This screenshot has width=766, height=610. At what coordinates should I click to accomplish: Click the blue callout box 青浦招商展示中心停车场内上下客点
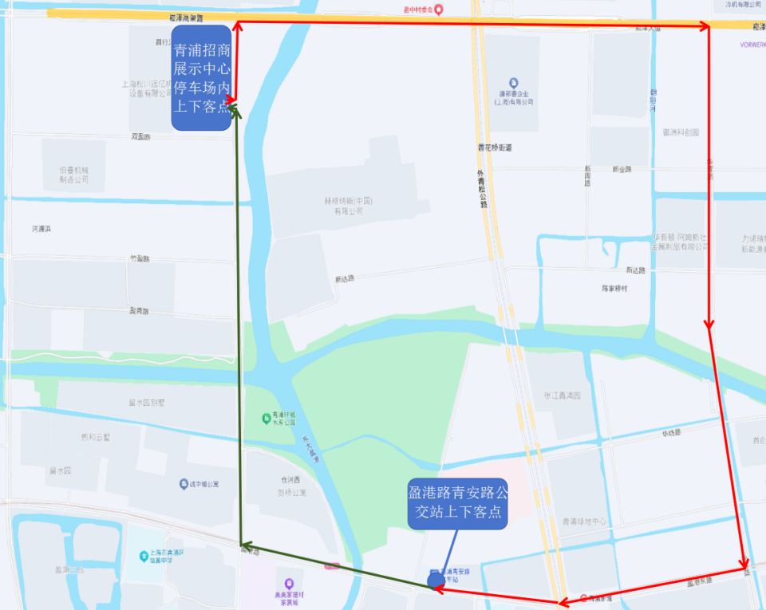click(202, 77)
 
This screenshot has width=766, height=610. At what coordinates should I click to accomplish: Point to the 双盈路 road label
click(140, 137)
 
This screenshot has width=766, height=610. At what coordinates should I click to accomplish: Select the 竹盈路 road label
click(140, 259)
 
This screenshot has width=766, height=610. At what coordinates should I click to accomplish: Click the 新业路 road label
click(622, 169)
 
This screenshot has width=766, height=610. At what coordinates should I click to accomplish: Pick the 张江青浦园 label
click(563, 396)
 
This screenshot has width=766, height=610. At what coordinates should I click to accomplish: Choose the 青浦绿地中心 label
click(585, 521)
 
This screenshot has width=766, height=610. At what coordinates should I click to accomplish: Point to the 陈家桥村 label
click(614, 288)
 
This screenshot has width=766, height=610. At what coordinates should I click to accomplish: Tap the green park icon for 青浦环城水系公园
click(266, 418)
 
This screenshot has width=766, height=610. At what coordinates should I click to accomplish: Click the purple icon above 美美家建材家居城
click(289, 583)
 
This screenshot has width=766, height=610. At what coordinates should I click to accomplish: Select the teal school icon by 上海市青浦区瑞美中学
click(144, 555)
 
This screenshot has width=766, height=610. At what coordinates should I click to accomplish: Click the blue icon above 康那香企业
click(513, 83)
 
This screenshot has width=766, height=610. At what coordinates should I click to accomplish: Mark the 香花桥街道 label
click(495, 148)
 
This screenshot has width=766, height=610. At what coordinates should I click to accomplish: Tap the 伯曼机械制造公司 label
click(73, 175)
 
